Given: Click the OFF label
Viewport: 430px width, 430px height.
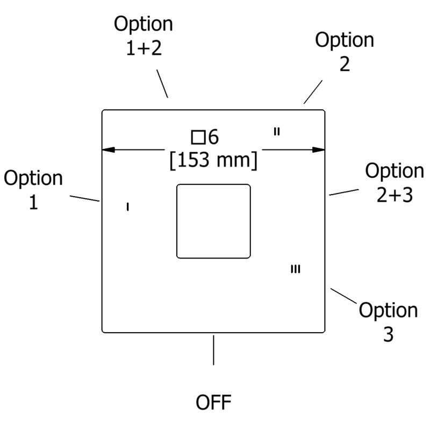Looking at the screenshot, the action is click(x=213, y=402).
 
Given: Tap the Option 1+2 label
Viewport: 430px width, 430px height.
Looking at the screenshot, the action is click(x=144, y=35).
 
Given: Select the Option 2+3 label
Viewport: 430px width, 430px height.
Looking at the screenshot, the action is click(x=395, y=183).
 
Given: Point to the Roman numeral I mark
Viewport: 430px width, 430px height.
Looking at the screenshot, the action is click(x=128, y=207).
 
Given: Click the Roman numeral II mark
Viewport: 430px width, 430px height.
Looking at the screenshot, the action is click(x=277, y=132).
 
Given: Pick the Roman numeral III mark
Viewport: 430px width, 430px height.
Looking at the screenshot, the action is click(x=295, y=269).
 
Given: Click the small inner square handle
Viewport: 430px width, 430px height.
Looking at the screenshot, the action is click(x=213, y=221).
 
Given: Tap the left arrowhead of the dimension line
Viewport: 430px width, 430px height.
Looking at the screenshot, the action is click(x=109, y=150).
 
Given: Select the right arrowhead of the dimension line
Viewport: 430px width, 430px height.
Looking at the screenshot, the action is click(x=319, y=150).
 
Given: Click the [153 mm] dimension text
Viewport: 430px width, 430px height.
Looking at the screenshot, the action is click(x=213, y=160).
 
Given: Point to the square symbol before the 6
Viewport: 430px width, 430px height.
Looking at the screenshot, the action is click(x=198, y=138).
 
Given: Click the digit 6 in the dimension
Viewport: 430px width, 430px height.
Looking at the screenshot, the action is click(x=213, y=137).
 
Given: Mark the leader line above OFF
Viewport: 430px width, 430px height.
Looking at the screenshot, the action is click(x=213, y=350).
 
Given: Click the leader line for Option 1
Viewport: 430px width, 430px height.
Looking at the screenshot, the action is click(x=84, y=198).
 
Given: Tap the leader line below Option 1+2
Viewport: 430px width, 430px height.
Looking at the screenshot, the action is click(x=162, y=84).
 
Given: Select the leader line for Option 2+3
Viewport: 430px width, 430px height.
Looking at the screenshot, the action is click(x=344, y=192).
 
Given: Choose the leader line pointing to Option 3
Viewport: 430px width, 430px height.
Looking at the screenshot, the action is click(x=343, y=296).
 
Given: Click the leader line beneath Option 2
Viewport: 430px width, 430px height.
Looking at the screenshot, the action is click(x=313, y=92).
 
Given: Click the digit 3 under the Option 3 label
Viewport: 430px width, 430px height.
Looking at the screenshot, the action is click(x=388, y=334).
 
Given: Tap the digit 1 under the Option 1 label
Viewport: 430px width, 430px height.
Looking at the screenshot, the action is click(x=33, y=203).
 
